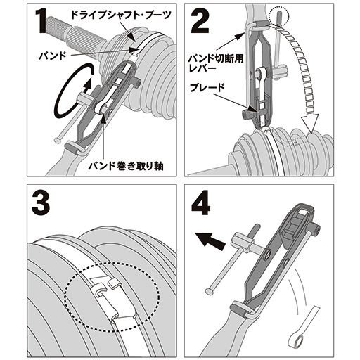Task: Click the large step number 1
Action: (x=41, y=21)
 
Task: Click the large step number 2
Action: (x=200, y=21)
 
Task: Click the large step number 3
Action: (x=41, y=203)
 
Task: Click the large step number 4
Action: (x=201, y=203)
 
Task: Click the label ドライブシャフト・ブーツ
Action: (x=121, y=15)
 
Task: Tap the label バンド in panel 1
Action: (x=53, y=56)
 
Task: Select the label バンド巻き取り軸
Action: (x=126, y=166)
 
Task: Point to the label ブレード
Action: (x=207, y=87)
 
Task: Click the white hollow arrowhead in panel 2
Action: (x=310, y=123)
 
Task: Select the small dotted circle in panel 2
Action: (x=279, y=16)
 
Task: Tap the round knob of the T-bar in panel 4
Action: (x=210, y=291)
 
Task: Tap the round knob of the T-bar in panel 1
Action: (x=58, y=141)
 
